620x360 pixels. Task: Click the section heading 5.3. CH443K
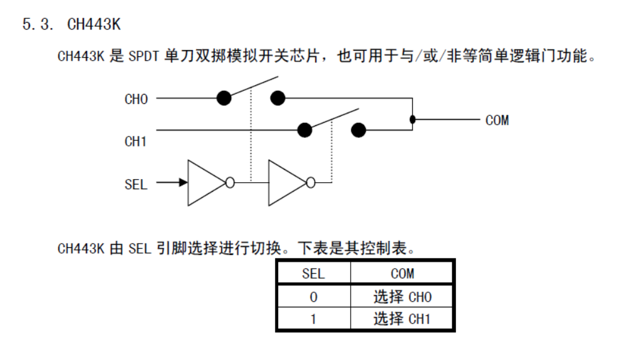coord(71,25)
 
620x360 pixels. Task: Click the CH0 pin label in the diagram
coord(136,99)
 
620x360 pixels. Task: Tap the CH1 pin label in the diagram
coord(136,141)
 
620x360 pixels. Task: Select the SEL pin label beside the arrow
coord(136,184)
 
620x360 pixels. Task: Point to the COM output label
coord(497,120)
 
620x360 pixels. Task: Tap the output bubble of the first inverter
coord(230,182)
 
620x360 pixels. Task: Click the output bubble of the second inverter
coord(311,182)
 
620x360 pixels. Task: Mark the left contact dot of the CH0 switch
coord(223,98)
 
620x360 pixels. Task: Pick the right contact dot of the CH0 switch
coord(278,98)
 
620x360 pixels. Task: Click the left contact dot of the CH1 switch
coord(304,130)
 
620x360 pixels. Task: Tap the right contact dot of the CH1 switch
coord(358,130)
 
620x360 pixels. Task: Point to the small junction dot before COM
coord(412,119)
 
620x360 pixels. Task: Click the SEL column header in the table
coord(313,274)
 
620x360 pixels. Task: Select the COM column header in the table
coord(402,274)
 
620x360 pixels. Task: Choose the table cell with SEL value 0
coord(313,297)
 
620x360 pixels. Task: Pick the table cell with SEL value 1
coord(313,319)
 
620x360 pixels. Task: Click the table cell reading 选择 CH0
coord(402,297)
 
